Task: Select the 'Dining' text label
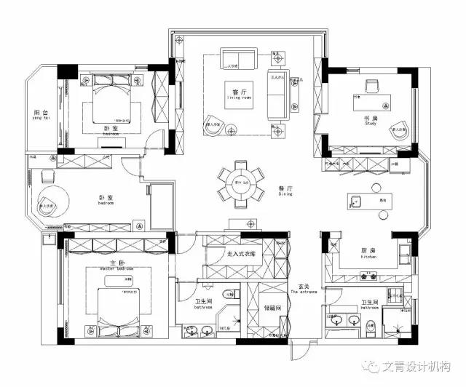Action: tap(285, 195)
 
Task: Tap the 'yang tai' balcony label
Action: tap(42, 121)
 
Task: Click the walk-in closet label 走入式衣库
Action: tap(241, 254)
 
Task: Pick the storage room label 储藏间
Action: tap(272, 307)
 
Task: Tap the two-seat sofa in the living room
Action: tap(239, 60)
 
